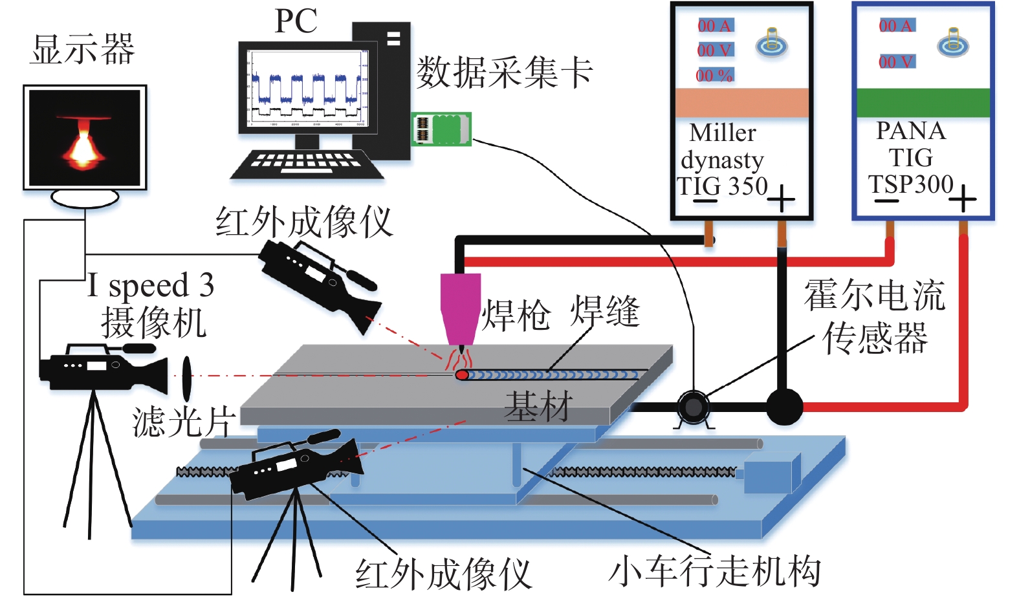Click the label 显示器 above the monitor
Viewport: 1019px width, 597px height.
pyautogui.click(x=82, y=50)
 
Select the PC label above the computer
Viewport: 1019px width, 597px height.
pyautogui.click(x=296, y=21)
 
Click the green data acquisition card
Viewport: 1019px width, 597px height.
pyautogui.click(x=441, y=128)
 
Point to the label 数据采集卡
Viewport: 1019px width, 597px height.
pyautogui.click(x=504, y=72)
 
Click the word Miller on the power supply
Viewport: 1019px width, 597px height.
pyautogui.click(x=723, y=133)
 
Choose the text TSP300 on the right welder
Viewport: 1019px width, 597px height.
pyautogui.click(x=910, y=184)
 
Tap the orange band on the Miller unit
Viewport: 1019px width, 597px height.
pyautogui.click(x=742, y=102)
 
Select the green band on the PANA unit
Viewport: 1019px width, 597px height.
pyautogui.click(x=923, y=102)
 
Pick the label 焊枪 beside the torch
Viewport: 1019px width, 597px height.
pyautogui.click(x=516, y=316)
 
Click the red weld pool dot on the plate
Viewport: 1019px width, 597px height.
pyautogui.click(x=462, y=375)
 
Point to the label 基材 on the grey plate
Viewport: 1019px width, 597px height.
pyautogui.click(x=538, y=407)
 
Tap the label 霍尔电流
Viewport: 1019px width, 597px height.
pyautogui.click(x=874, y=295)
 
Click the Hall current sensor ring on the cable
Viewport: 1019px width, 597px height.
pyautogui.click(x=693, y=407)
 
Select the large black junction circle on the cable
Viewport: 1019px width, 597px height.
pyautogui.click(x=784, y=407)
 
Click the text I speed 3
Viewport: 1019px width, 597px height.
pyautogui.click(x=151, y=285)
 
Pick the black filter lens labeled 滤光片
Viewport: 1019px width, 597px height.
pyautogui.click(x=187, y=378)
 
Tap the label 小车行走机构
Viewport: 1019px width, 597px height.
pyautogui.click(x=714, y=571)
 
